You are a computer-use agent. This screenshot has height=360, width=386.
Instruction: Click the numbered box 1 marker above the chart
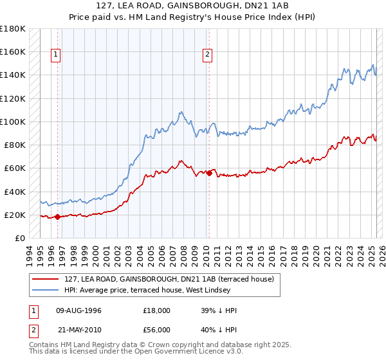coord(57,55)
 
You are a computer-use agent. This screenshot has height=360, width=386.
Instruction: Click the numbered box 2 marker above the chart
coord(208,55)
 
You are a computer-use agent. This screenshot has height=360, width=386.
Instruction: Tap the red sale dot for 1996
coord(57,217)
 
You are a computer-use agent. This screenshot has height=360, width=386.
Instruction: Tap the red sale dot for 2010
coord(209,173)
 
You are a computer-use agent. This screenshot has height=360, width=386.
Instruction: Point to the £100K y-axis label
coord(12,122)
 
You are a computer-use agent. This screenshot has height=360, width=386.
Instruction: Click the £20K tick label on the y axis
coord(15,215)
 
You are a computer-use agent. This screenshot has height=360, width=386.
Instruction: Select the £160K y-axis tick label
coord(12,51)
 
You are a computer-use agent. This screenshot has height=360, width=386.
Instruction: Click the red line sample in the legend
coord(45,279)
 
